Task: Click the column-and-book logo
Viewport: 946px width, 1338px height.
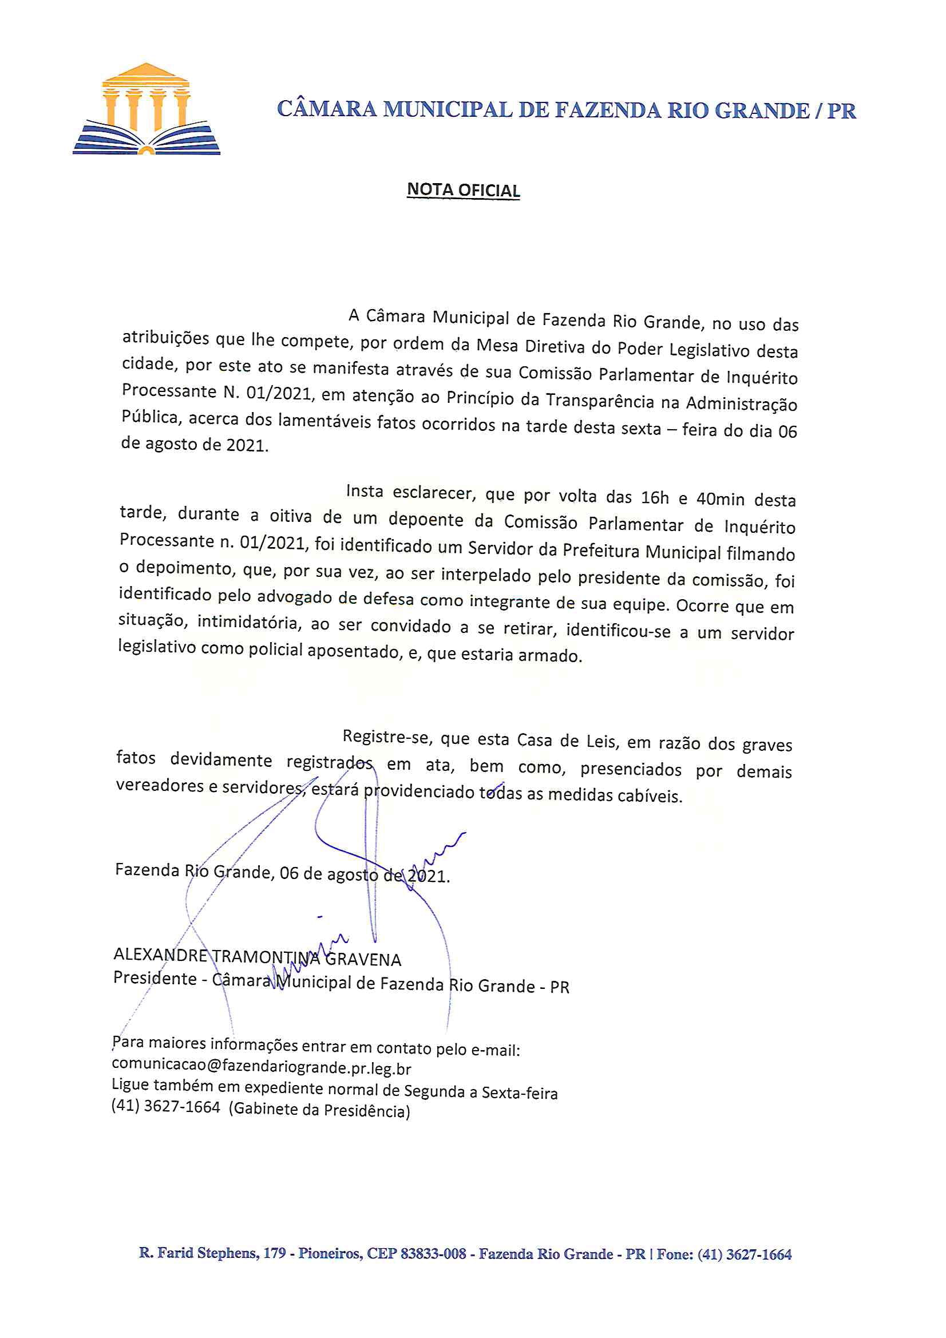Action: [147, 109]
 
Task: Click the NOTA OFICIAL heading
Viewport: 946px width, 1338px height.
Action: [463, 190]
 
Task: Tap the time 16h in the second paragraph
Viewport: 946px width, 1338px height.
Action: [655, 498]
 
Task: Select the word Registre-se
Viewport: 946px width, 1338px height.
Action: [386, 737]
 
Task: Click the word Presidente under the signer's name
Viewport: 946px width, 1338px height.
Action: [155, 977]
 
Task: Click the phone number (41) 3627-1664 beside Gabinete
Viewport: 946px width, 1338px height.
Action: [165, 1106]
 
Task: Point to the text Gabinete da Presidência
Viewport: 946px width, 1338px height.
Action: [319, 1110]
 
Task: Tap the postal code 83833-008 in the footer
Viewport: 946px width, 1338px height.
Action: [433, 1253]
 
